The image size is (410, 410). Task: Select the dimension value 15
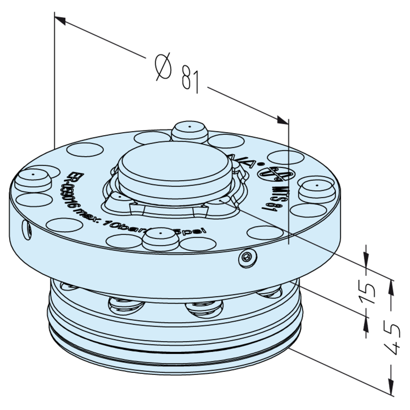pos(369,290)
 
